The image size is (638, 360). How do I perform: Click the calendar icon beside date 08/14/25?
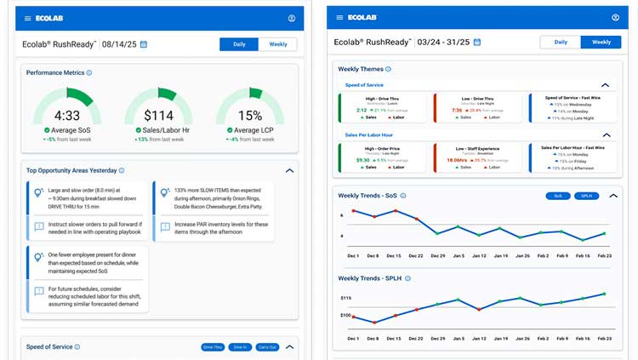pos(143,44)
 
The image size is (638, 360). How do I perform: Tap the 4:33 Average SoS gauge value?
pos(66,116)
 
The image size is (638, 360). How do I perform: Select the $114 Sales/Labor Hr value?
pos(158,116)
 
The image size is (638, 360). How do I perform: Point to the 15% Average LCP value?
pos(249,116)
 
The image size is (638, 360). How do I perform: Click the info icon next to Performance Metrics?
pos(89,73)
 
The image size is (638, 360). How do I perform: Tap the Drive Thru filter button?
pos(214,347)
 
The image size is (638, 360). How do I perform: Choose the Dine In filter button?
pos(240,347)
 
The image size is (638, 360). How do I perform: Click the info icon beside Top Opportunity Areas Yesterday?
pos(122,170)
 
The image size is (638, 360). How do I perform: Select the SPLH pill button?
pos(586,196)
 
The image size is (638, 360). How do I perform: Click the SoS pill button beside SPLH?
pos(558,196)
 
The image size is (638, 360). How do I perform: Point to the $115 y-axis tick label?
pos(345,298)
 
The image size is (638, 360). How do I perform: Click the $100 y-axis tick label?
pos(345,316)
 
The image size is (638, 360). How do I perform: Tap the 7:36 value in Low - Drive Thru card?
pos(457,110)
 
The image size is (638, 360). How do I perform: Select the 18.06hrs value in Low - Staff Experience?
pos(458,159)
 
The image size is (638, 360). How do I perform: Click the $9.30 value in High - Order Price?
pos(362,159)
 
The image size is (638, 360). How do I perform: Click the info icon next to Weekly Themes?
pos(388,69)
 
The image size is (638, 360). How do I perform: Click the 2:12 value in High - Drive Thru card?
pos(362,110)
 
